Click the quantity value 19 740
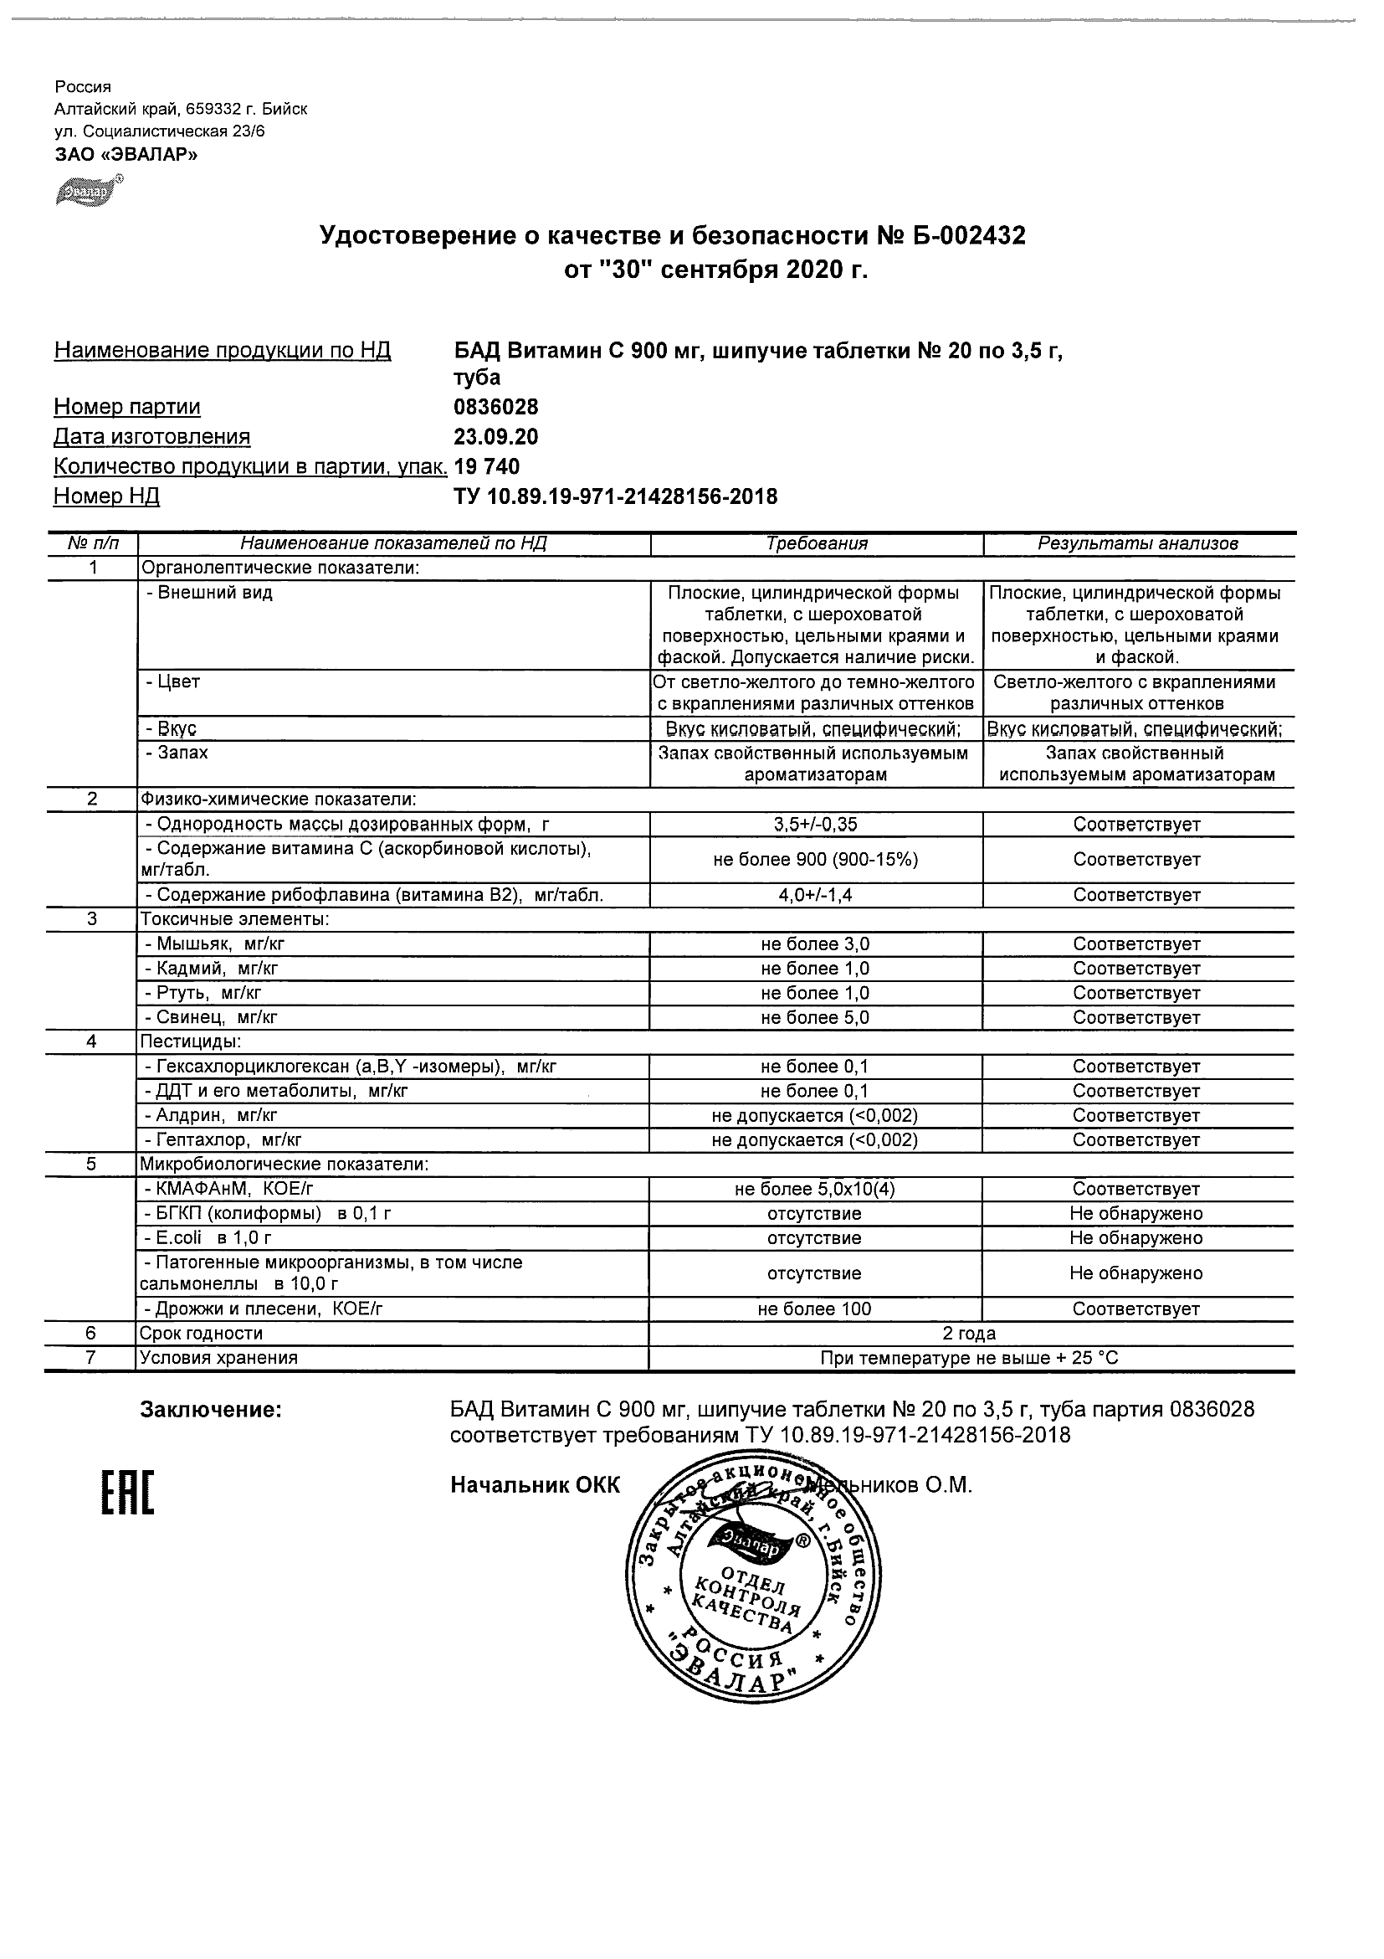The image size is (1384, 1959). coord(487,466)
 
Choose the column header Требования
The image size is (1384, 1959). coord(816,543)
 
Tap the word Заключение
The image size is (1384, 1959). coord(210,1410)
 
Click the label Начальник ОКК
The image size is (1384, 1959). coord(535,1485)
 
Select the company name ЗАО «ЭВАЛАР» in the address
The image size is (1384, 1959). coord(126,154)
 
